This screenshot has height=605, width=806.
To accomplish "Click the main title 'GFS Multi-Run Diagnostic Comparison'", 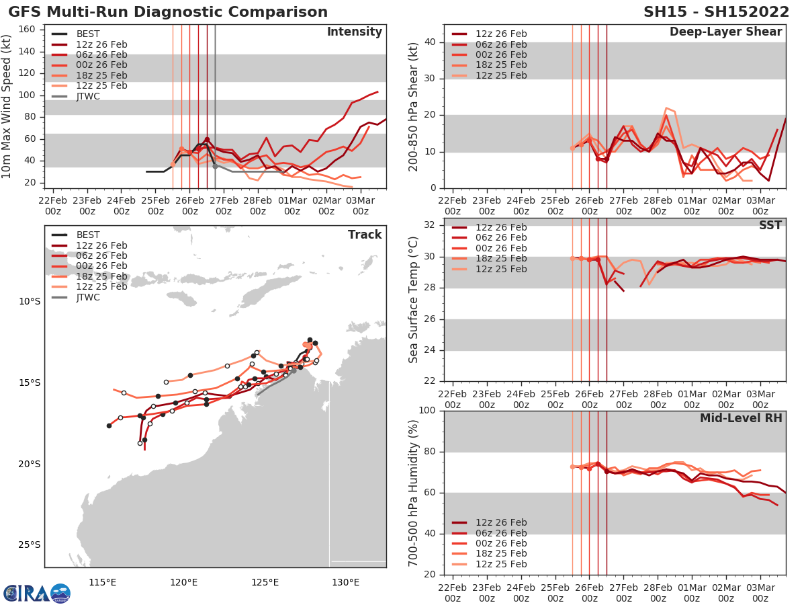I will [168, 12].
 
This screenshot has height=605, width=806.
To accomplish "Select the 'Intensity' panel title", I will [354, 32].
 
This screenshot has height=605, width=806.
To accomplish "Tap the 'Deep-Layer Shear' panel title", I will [725, 32].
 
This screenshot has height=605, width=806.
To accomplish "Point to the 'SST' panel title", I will [769, 225].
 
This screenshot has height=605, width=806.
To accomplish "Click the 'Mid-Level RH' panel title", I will [741, 418].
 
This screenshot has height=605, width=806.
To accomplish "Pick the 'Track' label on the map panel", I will [365, 235].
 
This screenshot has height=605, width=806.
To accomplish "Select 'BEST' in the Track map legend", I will [88, 235].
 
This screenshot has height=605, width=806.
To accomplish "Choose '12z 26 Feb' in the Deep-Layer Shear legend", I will [501, 34].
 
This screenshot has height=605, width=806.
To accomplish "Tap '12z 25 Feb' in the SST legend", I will [501, 269].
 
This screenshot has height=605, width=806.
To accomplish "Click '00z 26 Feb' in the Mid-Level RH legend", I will [501, 543].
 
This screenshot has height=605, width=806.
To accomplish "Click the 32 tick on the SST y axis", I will [432, 225].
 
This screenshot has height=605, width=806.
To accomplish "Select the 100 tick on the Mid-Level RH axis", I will [429, 410].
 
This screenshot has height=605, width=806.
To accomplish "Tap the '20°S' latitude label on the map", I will [30, 464].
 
